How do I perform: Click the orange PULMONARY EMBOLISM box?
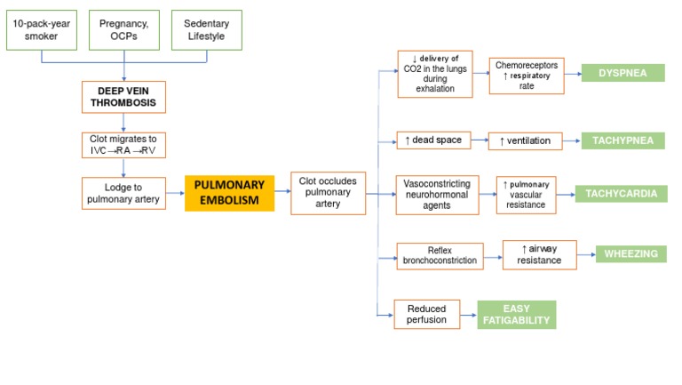(229, 193)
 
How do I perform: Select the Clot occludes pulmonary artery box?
(329, 193)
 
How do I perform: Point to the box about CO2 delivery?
(435, 73)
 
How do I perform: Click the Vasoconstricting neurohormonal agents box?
(435, 193)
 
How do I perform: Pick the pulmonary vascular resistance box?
(527, 194)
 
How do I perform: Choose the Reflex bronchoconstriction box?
(440, 256)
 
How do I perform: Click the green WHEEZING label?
(630, 254)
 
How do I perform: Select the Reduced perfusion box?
(427, 313)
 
